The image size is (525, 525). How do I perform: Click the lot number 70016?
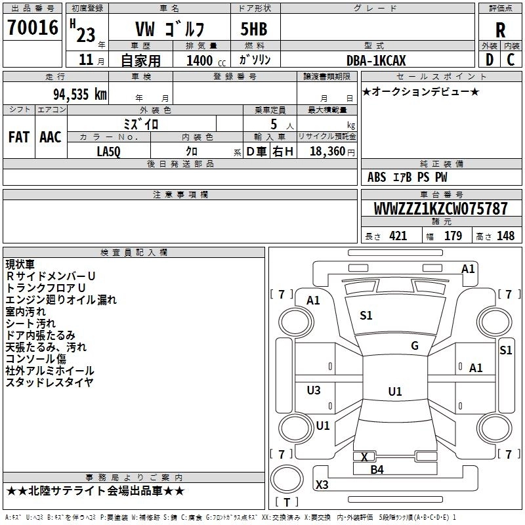[33, 28]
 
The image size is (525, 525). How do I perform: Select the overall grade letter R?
[500, 30]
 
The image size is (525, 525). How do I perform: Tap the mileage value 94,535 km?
[80, 94]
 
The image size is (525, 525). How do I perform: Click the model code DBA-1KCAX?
[376, 60]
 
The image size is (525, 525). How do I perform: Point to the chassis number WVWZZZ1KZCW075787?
[440, 209]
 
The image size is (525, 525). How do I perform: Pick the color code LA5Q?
[108, 152]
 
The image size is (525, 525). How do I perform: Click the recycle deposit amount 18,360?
[327, 152]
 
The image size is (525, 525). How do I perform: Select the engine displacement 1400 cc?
[206, 60]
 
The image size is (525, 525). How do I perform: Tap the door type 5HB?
[254, 29]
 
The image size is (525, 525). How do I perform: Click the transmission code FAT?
[19, 137]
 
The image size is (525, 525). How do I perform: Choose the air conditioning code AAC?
[51, 137]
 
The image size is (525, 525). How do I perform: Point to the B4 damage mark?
[377, 470]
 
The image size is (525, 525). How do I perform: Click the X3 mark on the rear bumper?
[322, 484]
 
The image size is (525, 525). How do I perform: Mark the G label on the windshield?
[415, 346]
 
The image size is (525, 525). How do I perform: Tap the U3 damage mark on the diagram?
[314, 390]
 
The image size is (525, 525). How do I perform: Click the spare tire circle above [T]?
[287, 479]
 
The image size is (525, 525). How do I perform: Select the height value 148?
[505, 236]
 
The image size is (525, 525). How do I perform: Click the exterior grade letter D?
[490, 60]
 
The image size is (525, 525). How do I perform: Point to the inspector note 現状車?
[20, 264]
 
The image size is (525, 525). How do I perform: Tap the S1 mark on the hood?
[366, 315]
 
